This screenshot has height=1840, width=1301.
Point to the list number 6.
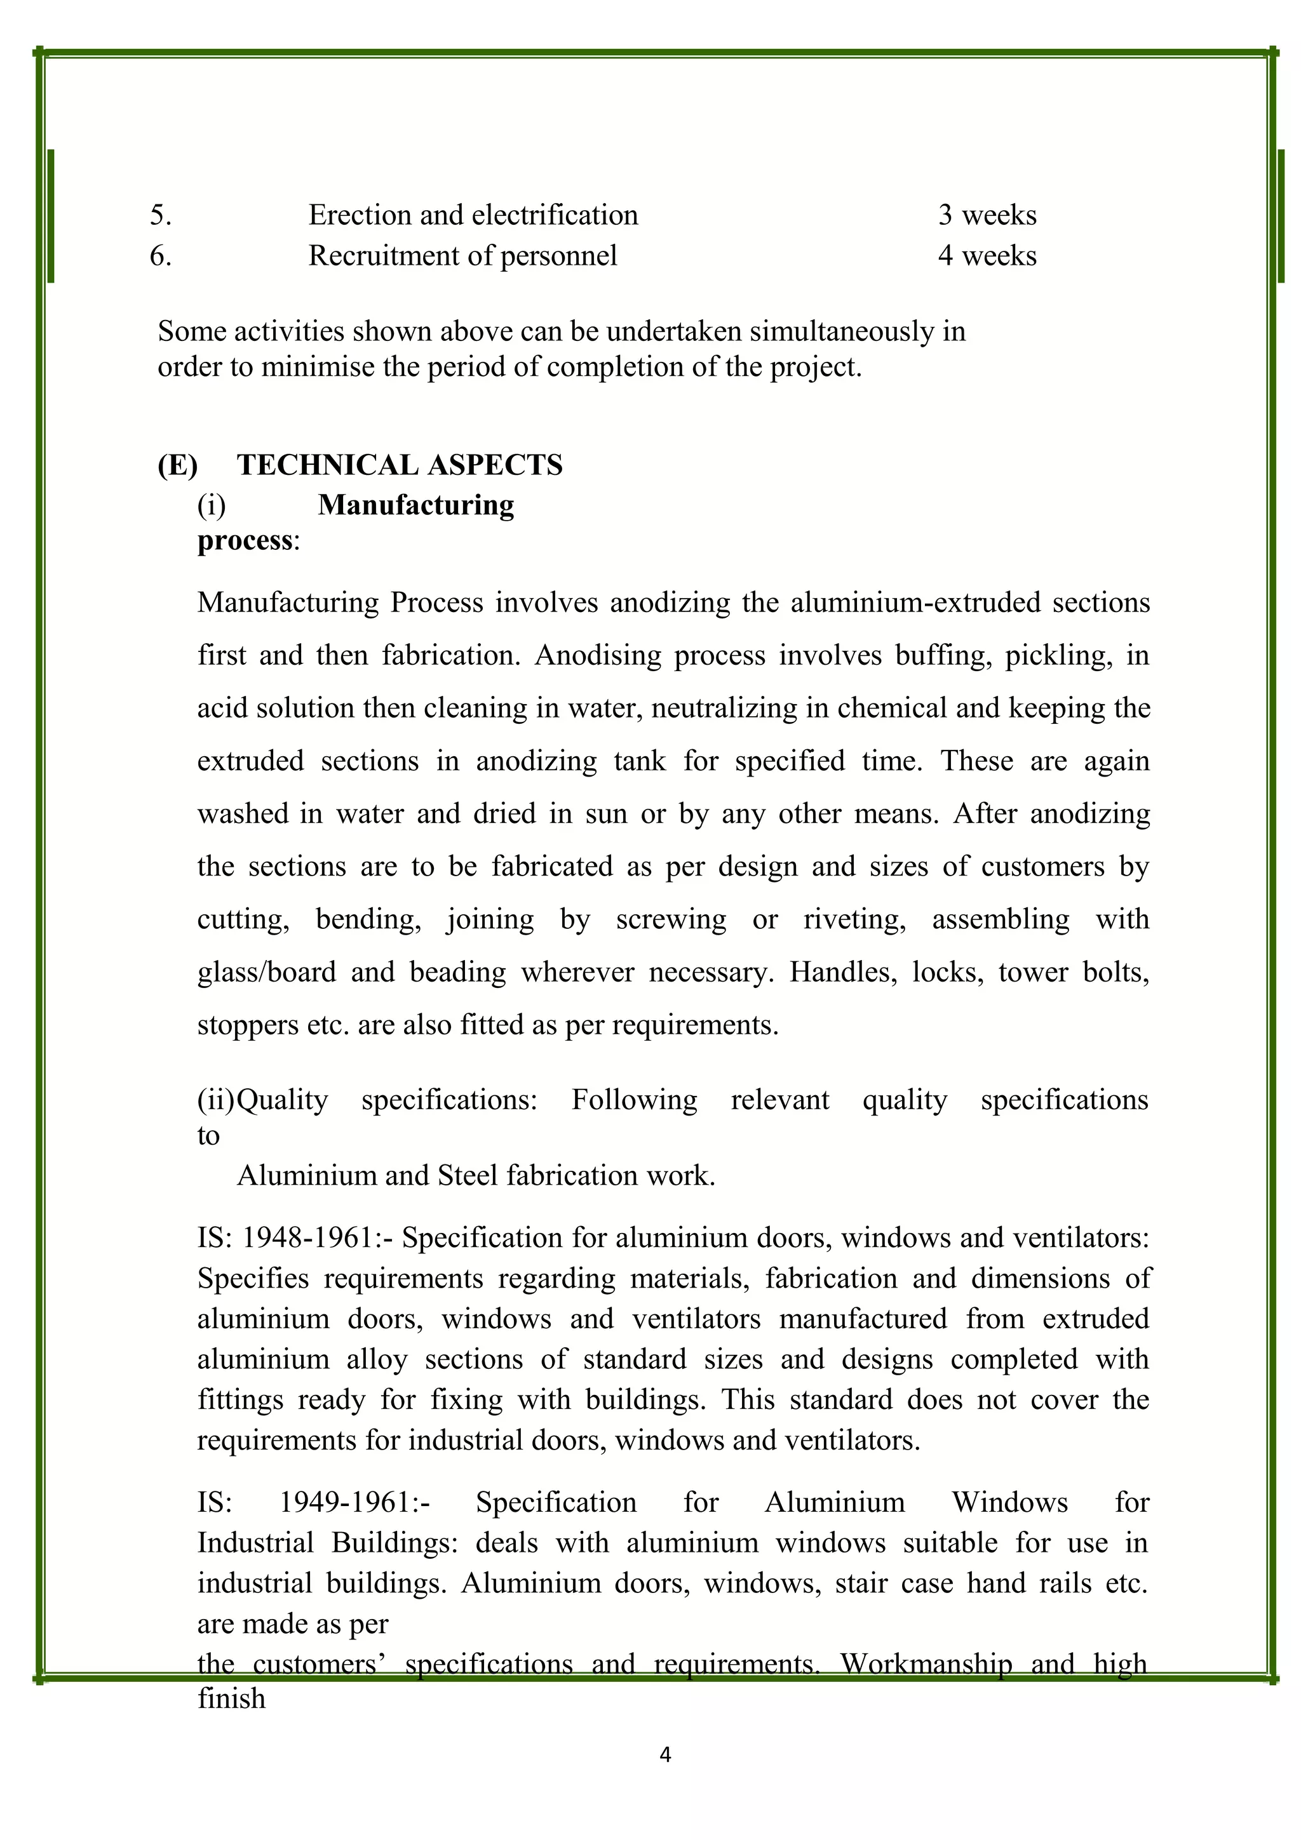(160, 256)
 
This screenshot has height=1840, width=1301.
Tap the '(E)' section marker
(177, 465)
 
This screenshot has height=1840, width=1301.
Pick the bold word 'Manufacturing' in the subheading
(415, 505)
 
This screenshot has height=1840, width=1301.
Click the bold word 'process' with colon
(248, 540)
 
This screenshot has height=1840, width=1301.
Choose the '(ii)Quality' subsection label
(262, 1100)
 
